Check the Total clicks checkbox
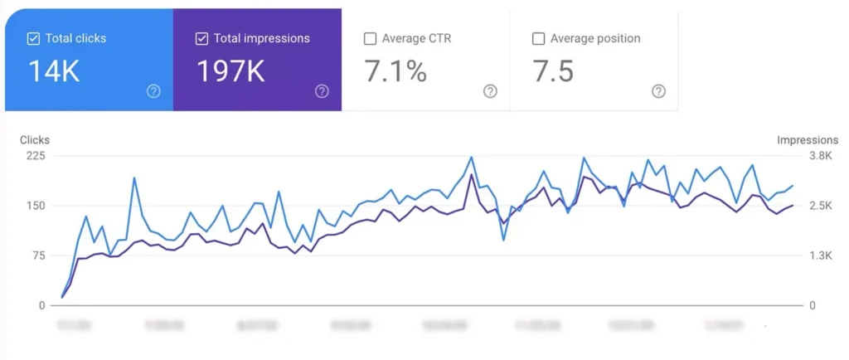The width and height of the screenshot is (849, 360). [x=33, y=38]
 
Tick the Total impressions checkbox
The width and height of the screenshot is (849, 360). [x=201, y=38]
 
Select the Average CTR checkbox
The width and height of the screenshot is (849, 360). [x=370, y=38]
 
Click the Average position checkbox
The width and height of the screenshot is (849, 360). [x=538, y=38]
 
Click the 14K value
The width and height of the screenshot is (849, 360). [x=54, y=71]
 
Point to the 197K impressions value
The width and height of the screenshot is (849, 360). [x=230, y=71]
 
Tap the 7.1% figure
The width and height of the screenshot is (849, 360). [x=395, y=71]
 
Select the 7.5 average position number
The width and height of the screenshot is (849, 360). [x=553, y=71]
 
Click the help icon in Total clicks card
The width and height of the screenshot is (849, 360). [x=153, y=91]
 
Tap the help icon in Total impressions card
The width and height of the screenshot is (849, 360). [x=322, y=91]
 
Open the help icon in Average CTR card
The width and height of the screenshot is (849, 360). [x=490, y=91]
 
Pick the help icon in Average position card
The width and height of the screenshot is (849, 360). [x=658, y=91]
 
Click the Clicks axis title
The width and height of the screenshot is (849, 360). [x=35, y=140]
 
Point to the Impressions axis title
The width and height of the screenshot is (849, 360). [x=807, y=140]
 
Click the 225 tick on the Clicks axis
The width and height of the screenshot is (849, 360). [x=35, y=156]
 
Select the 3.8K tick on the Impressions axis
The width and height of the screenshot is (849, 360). [x=820, y=156]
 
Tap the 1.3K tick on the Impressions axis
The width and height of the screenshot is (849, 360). [x=820, y=255]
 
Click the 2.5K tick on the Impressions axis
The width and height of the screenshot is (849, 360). [x=820, y=206]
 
